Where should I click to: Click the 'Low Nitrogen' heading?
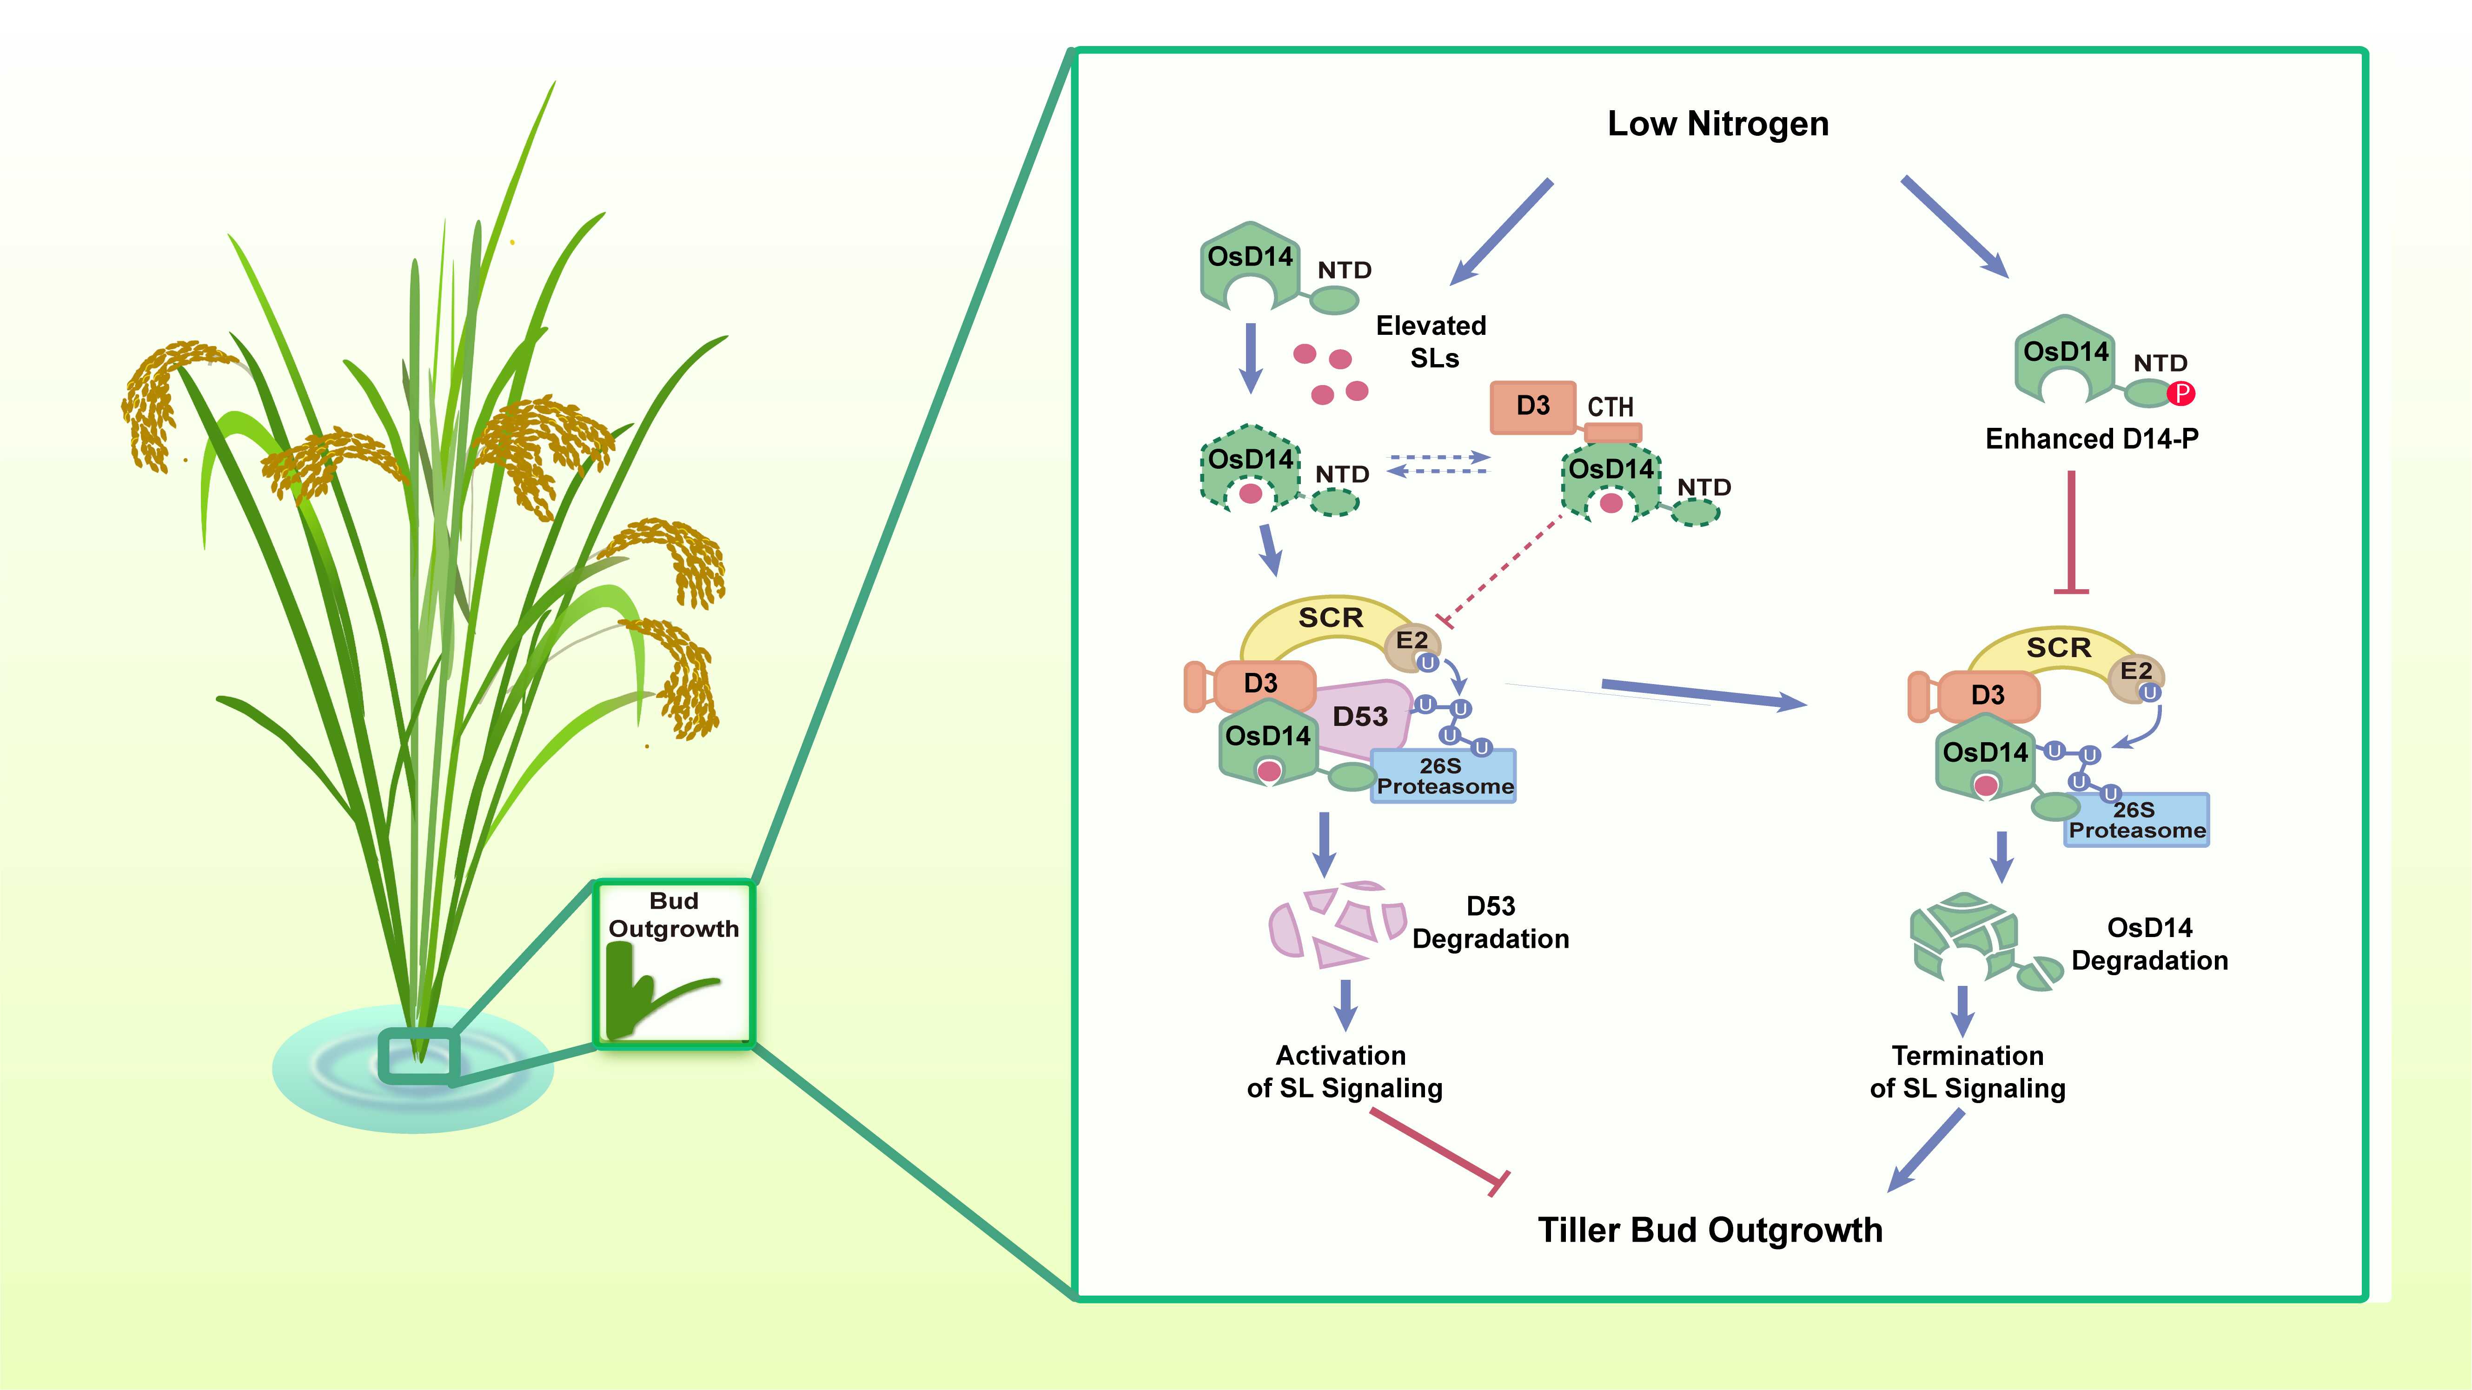coord(1718,124)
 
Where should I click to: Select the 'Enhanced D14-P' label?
coord(2092,439)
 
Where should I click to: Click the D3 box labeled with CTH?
coord(1532,406)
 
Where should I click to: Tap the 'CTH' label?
coord(1610,407)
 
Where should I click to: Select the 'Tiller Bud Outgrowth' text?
coord(1710,1230)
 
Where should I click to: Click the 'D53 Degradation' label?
coord(1490,923)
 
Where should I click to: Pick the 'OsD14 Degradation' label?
coord(2149,944)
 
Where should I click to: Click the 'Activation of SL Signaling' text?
coord(1344,1071)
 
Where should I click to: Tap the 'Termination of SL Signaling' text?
coord(1967,1071)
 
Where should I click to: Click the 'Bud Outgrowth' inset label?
coord(674,915)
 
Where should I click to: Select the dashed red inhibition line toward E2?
coord(1502,571)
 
